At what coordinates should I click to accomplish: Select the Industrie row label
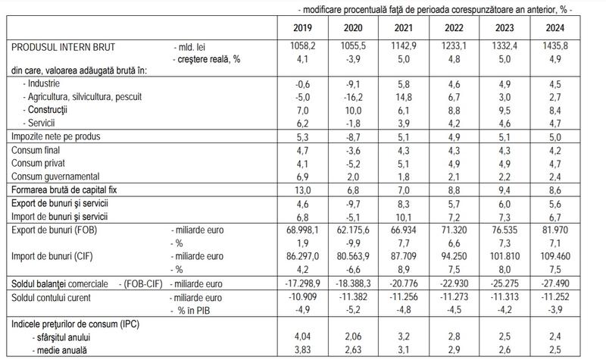(43, 83)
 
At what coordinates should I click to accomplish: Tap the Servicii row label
(40, 122)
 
